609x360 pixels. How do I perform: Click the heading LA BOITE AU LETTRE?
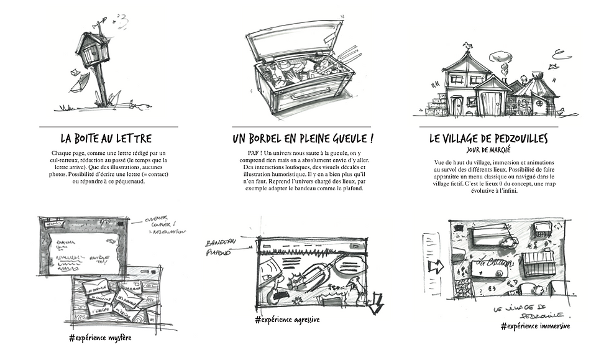106,138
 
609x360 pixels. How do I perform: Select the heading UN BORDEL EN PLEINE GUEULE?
303,138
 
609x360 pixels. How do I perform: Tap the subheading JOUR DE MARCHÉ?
488,150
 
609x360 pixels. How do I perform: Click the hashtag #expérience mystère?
100,338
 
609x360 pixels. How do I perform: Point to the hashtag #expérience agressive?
286,320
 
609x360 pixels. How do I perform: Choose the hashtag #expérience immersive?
534,326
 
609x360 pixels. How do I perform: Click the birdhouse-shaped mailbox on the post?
93,50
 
